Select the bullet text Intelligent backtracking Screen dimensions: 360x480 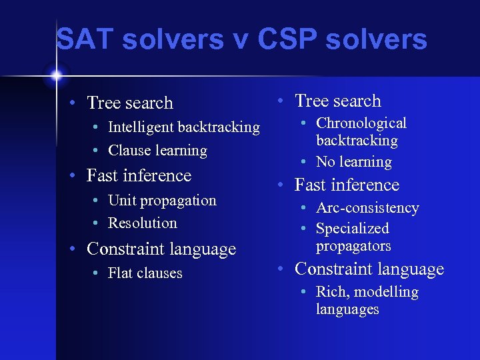pyautogui.click(x=183, y=127)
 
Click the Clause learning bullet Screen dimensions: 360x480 pyautogui.click(x=157, y=151)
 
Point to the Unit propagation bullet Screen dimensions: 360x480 pyautogui.click(x=162, y=200)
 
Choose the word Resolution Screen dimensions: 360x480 pyautogui.click(x=143, y=223)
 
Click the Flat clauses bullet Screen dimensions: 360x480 pyautogui.click(x=145, y=273)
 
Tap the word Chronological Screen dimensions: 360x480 pyautogui.click(x=361, y=123)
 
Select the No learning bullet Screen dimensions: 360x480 pyautogui.click(x=353, y=161)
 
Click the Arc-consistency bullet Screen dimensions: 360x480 pyautogui.click(x=367, y=208)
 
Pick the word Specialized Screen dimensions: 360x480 pyautogui.click(x=352, y=229)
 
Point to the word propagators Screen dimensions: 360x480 pyautogui.click(x=353, y=246)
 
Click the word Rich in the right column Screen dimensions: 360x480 pyautogui.click(x=331, y=292)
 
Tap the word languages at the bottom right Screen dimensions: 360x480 pyautogui.click(x=347, y=309)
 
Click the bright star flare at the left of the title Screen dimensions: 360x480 pyautogui.click(x=56, y=73)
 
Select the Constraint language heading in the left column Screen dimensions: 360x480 pyautogui.click(x=161, y=249)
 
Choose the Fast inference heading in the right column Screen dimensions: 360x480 pyautogui.click(x=347, y=185)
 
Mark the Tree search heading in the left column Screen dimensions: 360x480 pyautogui.click(x=130, y=103)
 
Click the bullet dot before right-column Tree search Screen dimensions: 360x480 pyautogui.click(x=281, y=101)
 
